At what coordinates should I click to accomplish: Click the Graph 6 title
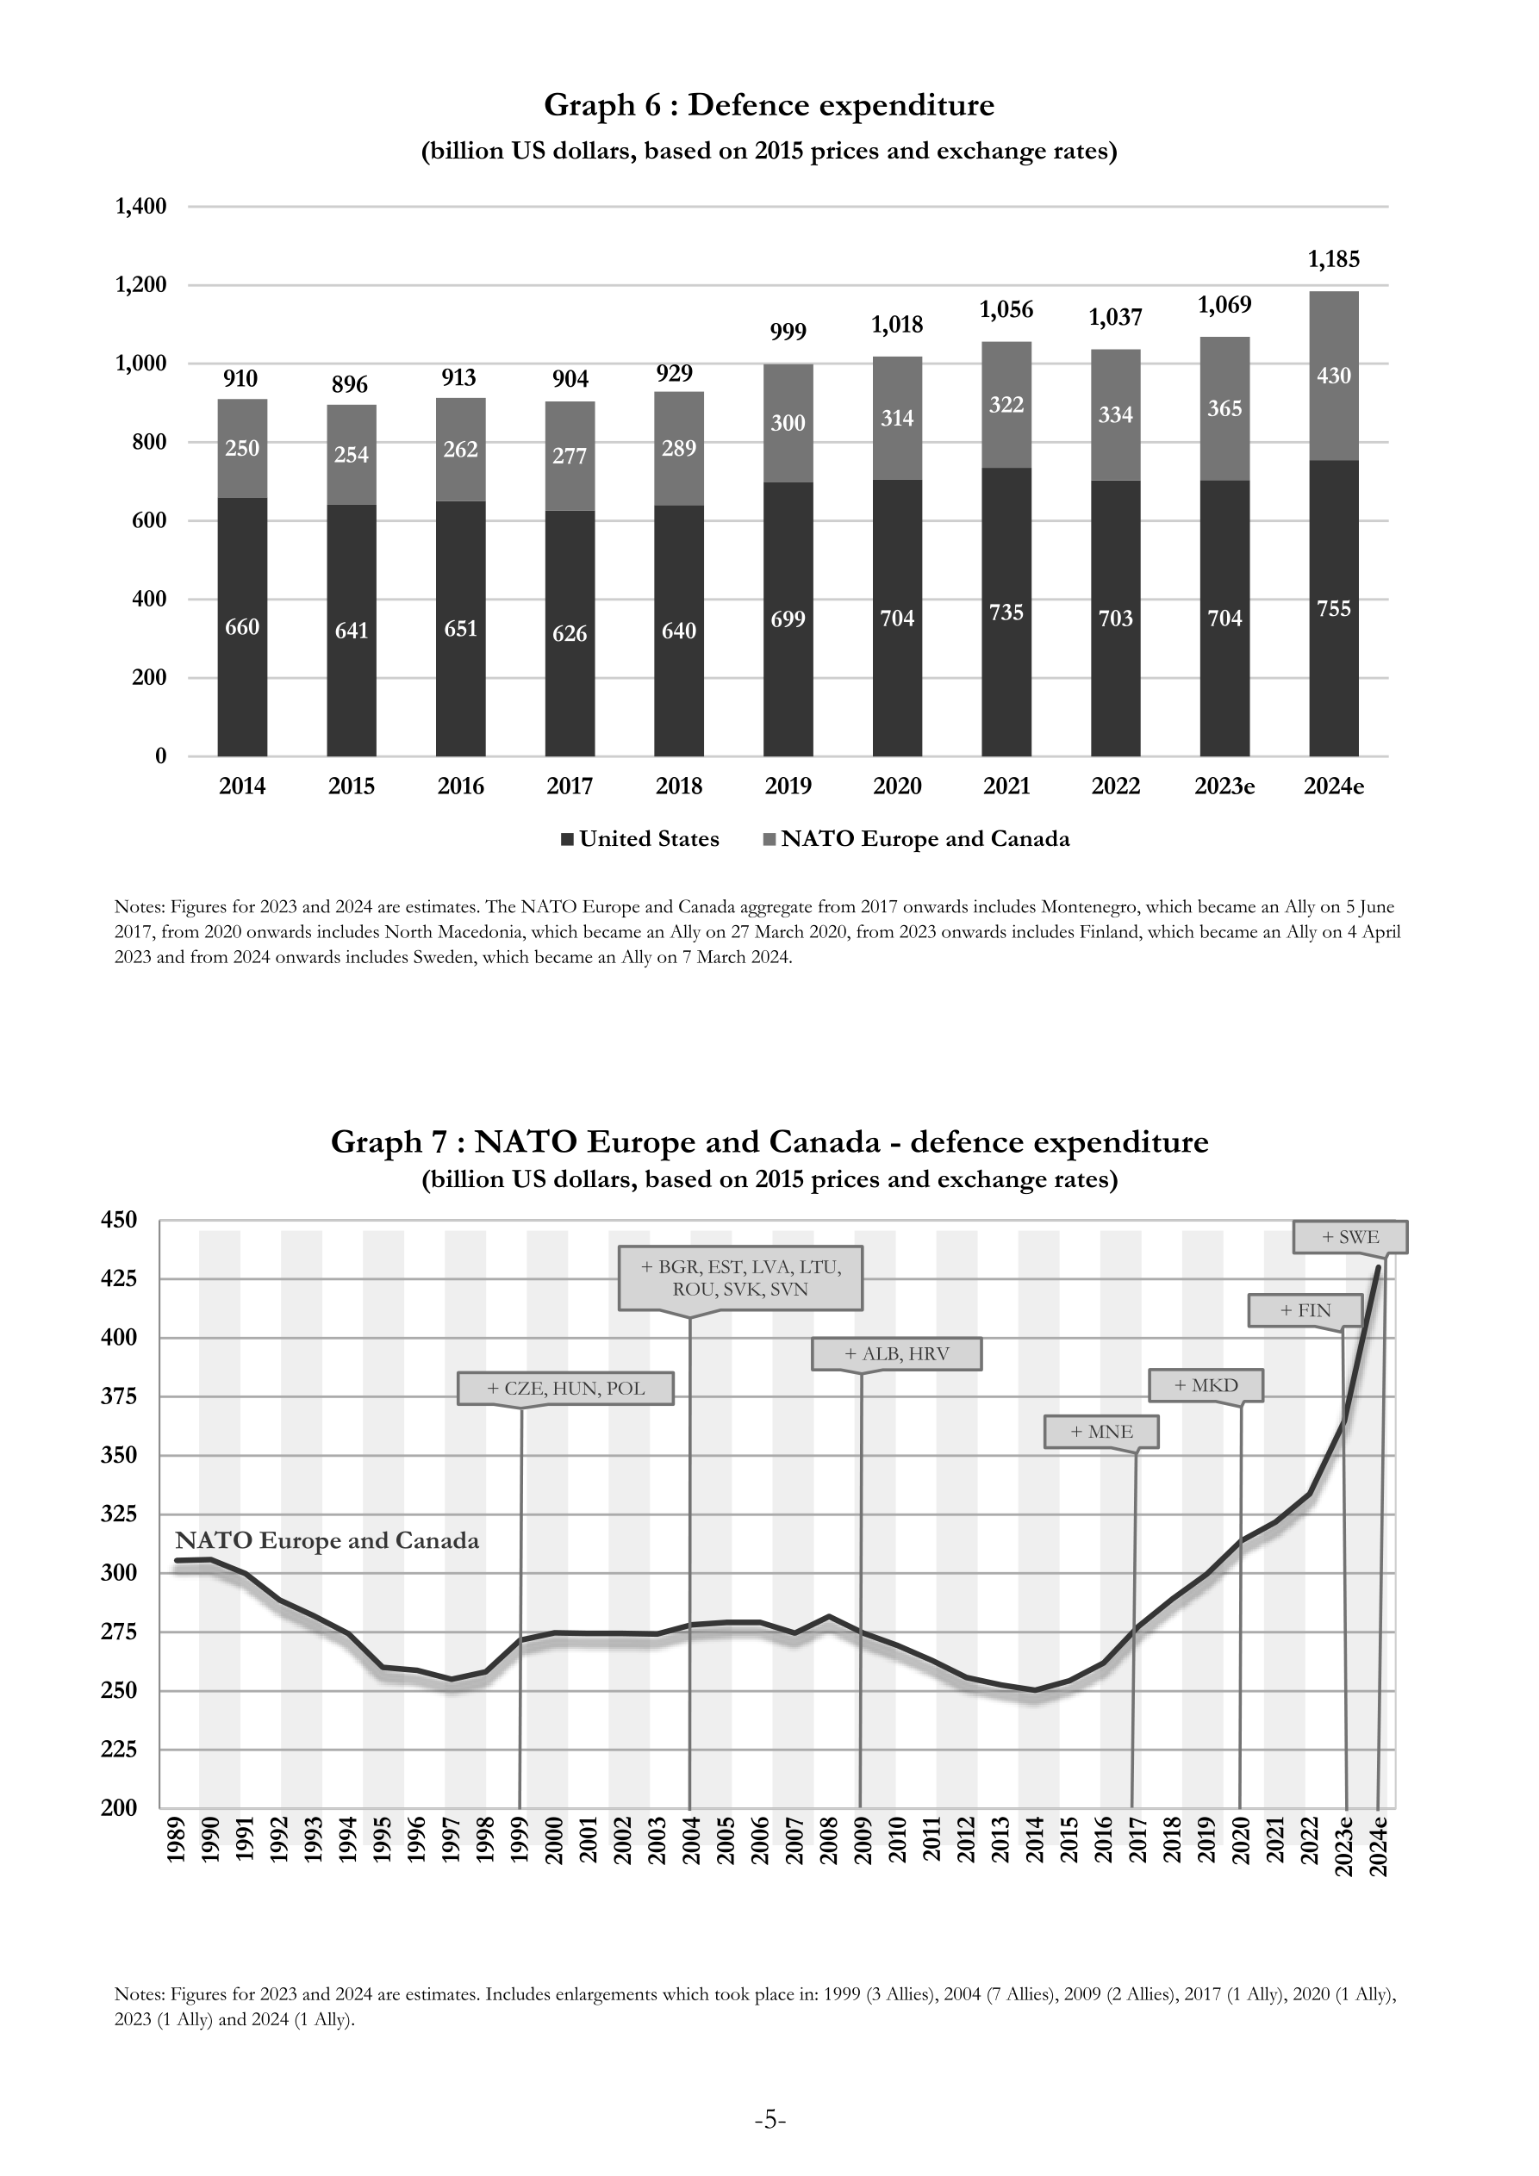tap(769, 104)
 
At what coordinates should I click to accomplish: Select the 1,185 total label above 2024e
tap(1333, 259)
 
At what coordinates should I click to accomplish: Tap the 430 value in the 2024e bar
tap(1333, 376)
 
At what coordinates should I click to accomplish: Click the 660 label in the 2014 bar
tap(242, 627)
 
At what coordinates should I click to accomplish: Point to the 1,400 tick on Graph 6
tap(140, 207)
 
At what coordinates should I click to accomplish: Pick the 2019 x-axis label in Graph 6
tap(788, 786)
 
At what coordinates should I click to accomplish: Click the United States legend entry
tap(640, 839)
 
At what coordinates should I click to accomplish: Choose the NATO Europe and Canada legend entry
tap(916, 839)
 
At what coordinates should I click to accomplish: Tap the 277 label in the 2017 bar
tap(570, 457)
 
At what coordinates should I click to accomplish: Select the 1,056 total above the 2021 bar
tap(1006, 310)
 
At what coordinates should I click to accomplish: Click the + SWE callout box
tap(1350, 1237)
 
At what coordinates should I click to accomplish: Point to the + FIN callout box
tap(1305, 1311)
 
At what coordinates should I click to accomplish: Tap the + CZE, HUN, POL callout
tap(565, 1389)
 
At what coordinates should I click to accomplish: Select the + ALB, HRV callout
tap(896, 1353)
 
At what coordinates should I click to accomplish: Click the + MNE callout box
tap(1101, 1431)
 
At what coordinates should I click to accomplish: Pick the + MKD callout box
tap(1206, 1385)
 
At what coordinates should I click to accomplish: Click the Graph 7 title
tap(769, 1142)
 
